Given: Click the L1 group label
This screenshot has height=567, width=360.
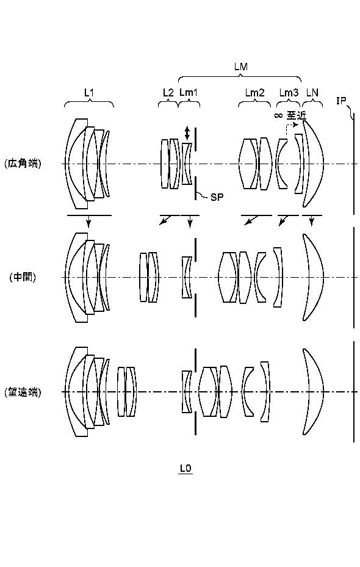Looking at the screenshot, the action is coord(89,93).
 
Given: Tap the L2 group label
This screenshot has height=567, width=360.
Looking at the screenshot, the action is coord(168,93).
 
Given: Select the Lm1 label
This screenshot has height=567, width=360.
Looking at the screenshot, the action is coord(189,93).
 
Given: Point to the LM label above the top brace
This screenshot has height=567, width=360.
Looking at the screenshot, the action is coord(241,67).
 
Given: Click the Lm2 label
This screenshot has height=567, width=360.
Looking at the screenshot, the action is coord(254,93).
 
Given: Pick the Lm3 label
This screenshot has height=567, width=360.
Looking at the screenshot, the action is coord(289,93).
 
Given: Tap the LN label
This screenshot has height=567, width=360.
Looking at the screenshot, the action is coord(312,93).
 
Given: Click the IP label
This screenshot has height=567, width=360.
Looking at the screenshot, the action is coord(341,101).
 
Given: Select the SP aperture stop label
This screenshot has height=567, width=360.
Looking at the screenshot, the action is coord(217,197).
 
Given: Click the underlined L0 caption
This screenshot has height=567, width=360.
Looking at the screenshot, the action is coord(185,469).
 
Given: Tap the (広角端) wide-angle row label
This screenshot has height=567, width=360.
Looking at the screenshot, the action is coord(23,164).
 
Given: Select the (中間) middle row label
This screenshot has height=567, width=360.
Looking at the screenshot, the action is coord(23,277).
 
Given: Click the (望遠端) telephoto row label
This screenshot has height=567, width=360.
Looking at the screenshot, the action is coord(23,392).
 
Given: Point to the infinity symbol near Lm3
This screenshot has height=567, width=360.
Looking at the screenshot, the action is coord(278,116).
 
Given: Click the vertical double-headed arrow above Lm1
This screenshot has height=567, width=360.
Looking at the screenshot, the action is coord(187,133).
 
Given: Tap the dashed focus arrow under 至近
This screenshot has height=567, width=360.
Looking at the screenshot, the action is coord(291,128).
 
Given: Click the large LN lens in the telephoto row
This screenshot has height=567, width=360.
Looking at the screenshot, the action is coord(313,392).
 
